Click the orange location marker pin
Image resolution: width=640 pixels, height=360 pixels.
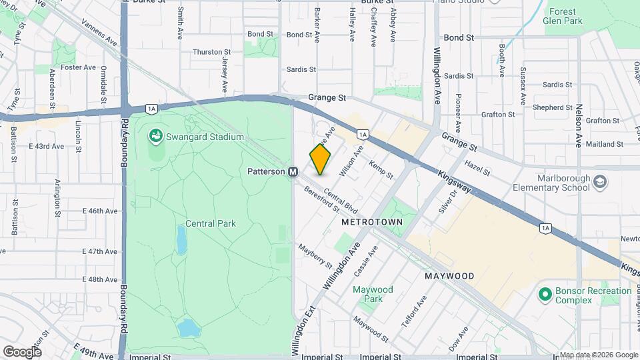tap(320, 159)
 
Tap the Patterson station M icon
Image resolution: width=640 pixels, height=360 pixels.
tap(293, 172)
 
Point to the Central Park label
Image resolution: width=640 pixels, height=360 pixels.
tap(210, 224)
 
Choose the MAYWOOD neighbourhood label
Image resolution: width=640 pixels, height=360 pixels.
tap(449, 275)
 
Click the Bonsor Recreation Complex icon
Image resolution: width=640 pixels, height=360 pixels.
tap(545, 293)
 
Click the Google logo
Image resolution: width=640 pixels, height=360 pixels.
tap(21, 351)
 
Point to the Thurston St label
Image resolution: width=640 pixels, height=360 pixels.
tap(211, 51)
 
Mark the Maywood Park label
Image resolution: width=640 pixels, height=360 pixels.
tap(373, 294)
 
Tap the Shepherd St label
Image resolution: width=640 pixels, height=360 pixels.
tap(553, 107)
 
